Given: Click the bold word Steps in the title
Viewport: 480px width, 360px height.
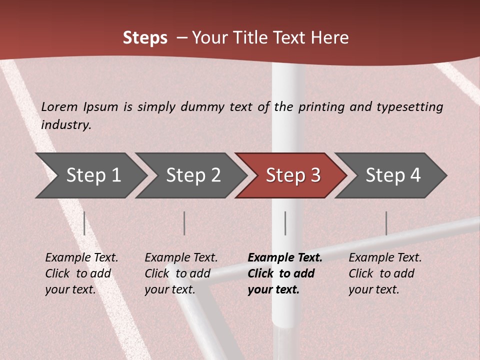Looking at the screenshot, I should click(145, 38).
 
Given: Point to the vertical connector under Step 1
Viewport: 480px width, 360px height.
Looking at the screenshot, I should click(84, 223).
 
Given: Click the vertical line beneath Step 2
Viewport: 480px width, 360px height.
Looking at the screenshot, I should click(184, 223).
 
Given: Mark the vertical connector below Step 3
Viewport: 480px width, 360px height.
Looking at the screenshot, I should click(285, 223).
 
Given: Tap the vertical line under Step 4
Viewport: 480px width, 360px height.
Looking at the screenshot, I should click(386, 223).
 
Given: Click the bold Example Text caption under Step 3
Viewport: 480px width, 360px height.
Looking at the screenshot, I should click(285, 273).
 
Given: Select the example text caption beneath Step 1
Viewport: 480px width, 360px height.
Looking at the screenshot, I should click(81, 273).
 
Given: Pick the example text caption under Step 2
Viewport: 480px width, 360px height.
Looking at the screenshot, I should click(181, 273).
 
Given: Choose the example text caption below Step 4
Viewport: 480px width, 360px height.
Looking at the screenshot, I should click(385, 273).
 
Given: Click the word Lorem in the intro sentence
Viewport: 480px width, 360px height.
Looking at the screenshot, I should click(59, 107).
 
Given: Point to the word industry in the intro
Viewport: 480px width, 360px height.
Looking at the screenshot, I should click(65, 124).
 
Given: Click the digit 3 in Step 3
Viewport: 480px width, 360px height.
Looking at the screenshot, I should click(315, 175).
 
